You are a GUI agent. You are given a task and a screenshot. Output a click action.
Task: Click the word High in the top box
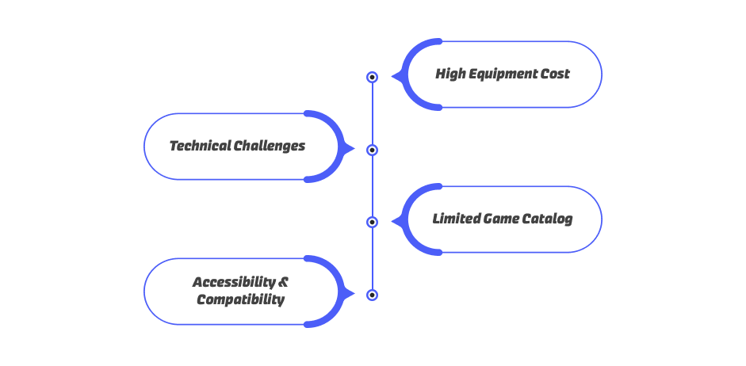tap(448, 74)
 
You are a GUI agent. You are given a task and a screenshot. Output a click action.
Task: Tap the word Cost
tap(554, 74)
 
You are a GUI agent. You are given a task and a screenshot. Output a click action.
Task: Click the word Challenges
tap(270, 147)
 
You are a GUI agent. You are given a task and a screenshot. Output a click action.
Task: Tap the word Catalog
tap(547, 219)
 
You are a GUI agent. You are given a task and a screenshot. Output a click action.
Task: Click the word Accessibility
tap(234, 282)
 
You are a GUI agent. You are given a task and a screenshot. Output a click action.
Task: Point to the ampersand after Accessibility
tap(283, 282)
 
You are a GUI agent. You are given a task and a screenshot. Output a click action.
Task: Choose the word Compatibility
tap(241, 300)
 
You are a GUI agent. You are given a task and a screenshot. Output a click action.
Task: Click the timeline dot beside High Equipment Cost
tap(372, 77)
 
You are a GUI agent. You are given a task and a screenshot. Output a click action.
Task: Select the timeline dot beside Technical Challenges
tap(372, 151)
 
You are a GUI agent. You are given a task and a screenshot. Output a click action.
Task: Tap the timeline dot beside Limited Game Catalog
tap(372, 222)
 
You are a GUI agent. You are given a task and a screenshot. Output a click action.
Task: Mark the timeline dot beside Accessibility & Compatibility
tap(372, 295)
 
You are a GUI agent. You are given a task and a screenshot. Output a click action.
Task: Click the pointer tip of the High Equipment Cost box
tap(392, 76)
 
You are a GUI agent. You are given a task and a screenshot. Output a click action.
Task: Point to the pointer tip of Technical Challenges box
tap(354, 148)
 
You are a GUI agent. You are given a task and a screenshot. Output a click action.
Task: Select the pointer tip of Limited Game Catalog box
tap(392, 221)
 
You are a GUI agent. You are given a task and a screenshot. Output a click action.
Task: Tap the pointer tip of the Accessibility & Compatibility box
tap(354, 293)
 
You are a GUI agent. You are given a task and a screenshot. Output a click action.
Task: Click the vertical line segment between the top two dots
tap(372, 113)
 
